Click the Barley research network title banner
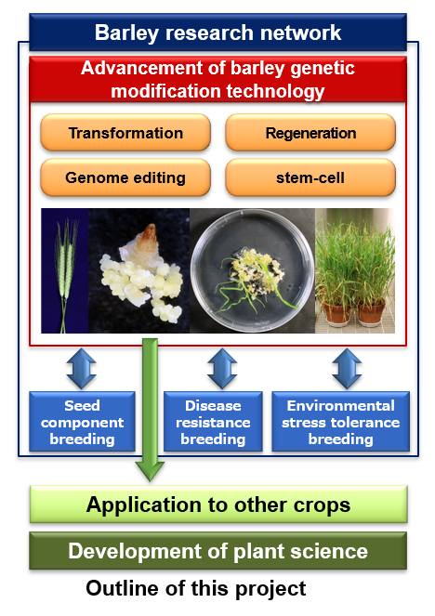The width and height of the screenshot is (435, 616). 217,33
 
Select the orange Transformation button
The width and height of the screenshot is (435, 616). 125,133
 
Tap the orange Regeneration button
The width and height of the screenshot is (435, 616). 310,133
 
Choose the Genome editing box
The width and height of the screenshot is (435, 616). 125,177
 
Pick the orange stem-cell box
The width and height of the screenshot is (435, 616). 310,177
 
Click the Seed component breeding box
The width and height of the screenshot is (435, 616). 82,422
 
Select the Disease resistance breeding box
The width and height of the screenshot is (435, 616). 213,422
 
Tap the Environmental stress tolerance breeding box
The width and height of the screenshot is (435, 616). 341,422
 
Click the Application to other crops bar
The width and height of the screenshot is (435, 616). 218,505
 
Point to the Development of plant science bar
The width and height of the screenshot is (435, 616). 218,551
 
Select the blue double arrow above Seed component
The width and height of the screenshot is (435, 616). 82,369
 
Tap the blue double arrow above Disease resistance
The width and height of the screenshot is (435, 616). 222,369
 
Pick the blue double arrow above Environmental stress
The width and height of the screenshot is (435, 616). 347,369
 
